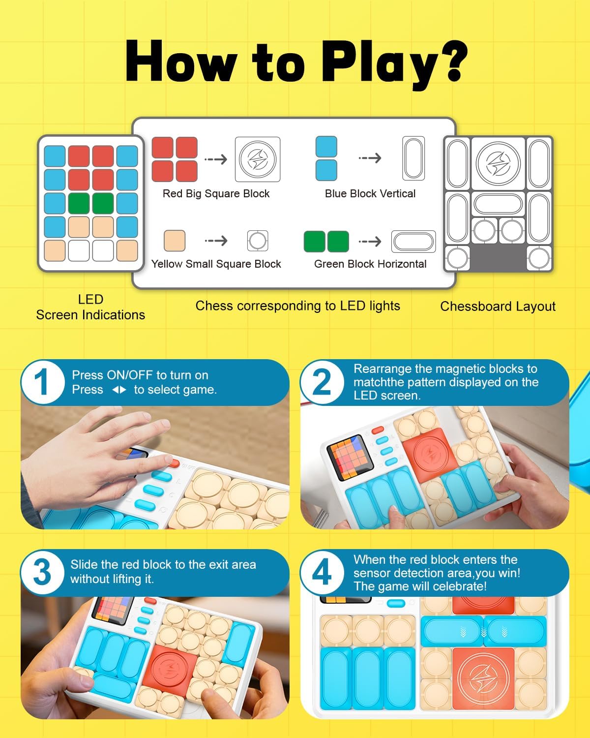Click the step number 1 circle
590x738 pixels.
[42, 382]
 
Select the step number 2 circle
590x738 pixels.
[322, 382]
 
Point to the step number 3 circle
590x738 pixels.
[42, 572]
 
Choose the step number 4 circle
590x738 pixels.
[322, 572]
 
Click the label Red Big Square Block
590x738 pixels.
[216, 194]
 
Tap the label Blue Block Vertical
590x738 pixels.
[370, 194]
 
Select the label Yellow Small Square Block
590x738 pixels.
[216, 264]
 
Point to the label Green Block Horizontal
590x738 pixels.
[370, 264]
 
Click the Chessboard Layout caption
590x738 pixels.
[498, 307]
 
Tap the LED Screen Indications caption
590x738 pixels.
[90, 307]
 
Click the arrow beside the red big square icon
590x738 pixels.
[216, 159]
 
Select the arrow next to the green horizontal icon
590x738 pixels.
[370, 242]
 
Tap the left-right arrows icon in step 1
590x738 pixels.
[119, 390]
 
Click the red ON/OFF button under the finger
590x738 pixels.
[174, 463]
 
